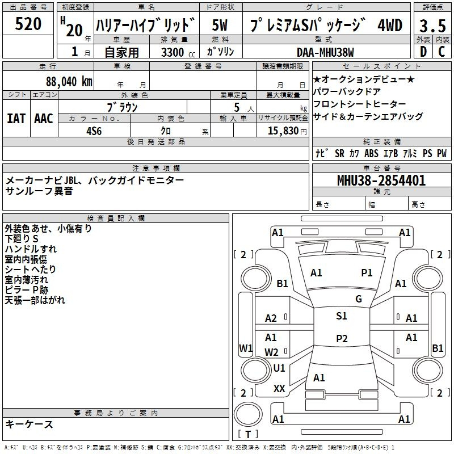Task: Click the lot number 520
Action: (28, 24)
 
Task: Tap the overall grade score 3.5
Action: (432, 26)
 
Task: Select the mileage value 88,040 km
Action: (69, 82)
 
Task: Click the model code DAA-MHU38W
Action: (325, 52)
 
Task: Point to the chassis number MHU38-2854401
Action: (381, 180)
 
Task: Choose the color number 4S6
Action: (94, 131)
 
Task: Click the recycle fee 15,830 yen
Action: (287, 131)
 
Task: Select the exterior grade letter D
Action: (423, 52)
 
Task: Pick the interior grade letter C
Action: (442, 52)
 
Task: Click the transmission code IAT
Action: (16, 119)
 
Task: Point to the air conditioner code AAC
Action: (44, 119)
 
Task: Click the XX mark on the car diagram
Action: (279, 389)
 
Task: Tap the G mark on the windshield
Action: (359, 299)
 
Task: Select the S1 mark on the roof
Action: (342, 316)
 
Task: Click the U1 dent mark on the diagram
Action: (279, 368)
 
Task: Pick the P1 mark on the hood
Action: (367, 272)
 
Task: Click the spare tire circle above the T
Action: (248, 414)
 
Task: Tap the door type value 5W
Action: (220, 25)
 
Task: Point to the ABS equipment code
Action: (371, 153)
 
